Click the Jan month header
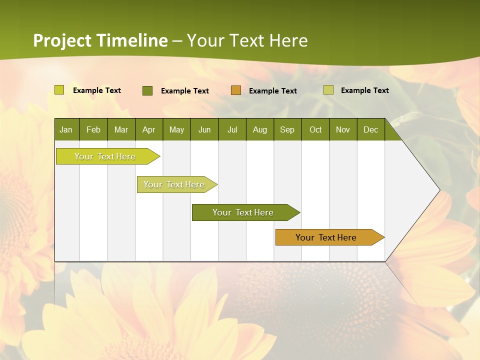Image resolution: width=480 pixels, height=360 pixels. [x=66, y=129]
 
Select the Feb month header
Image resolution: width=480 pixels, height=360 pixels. [x=93, y=129]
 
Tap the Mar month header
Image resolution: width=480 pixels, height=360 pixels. [x=121, y=129]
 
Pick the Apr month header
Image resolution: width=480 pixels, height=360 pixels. [x=149, y=129]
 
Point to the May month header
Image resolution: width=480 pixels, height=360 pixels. [x=176, y=129]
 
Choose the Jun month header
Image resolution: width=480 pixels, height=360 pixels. [x=204, y=129]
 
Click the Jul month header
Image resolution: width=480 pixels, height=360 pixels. [x=232, y=129]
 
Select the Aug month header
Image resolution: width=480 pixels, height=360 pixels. [x=260, y=129]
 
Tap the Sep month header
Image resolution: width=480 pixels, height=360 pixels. [x=287, y=129]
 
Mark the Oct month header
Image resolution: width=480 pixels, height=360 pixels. [x=315, y=129]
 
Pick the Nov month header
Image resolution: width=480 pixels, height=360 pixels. [x=343, y=129]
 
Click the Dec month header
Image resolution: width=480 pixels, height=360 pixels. [x=371, y=129]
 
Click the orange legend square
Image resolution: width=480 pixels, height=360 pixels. [x=236, y=90]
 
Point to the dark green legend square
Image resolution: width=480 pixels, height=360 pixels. [x=147, y=90]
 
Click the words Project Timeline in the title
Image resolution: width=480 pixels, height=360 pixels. [x=100, y=40]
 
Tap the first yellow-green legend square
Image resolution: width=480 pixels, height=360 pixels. [x=59, y=90]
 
